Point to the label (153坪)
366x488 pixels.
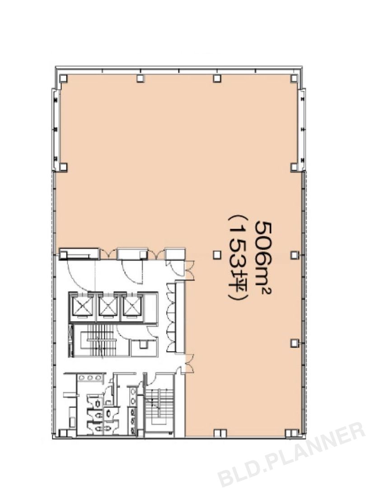tap(239, 258)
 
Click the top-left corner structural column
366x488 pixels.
tap(63, 79)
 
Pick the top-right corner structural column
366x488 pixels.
tap(294, 79)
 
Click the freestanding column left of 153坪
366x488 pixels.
tap(217, 255)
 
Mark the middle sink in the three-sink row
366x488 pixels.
tap(90, 377)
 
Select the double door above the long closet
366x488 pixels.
tap(189, 270)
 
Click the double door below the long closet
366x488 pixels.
tap(189, 363)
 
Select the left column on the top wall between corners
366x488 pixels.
tap(141, 79)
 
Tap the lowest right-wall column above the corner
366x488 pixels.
tap(294, 343)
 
